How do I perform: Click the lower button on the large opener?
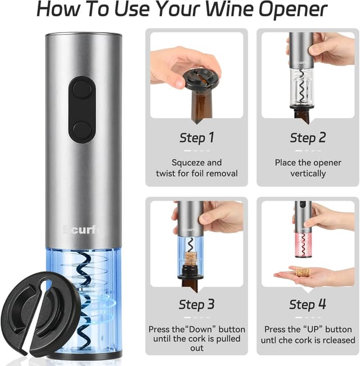coord(82,128)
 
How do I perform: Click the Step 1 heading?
coord(196,137)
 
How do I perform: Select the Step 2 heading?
coord(308,137)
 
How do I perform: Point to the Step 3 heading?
coord(196,305)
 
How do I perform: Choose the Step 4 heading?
coord(308,305)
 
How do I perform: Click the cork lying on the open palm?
coord(303,272)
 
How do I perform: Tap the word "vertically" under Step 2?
coord(308,173)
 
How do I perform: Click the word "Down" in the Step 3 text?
coord(202,329)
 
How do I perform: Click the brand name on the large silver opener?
coord(82,230)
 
